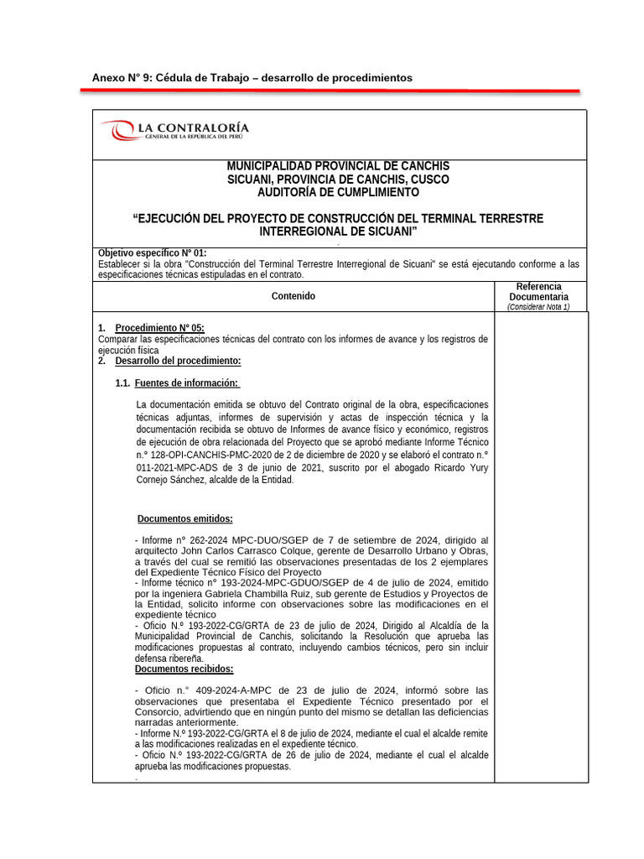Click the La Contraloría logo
(174, 132)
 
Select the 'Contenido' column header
(293, 296)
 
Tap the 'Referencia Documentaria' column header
(539, 291)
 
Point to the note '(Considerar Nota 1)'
(539, 307)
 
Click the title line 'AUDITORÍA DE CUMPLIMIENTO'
(338, 193)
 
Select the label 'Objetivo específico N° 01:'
(152, 253)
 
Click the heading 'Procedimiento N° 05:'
(159, 328)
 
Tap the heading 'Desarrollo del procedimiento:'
(178, 361)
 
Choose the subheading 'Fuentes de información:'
(186, 383)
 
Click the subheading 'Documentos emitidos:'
(185, 518)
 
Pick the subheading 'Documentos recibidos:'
(184, 669)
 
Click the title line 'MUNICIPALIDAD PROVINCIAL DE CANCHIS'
(338, 166)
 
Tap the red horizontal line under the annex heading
(335, 90)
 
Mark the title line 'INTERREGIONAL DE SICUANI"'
(338, 231)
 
